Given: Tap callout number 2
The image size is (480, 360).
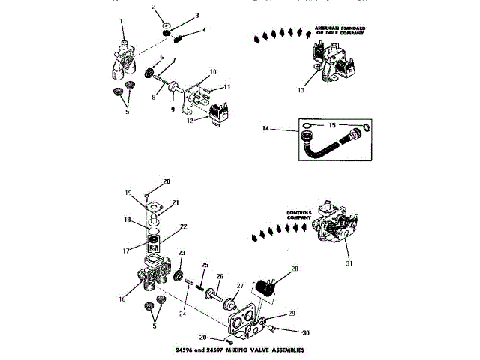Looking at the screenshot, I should click(x=153, y=6).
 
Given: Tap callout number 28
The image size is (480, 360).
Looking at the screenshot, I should click(x=294, y=268).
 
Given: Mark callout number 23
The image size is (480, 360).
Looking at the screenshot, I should click(x=181, y=253).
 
